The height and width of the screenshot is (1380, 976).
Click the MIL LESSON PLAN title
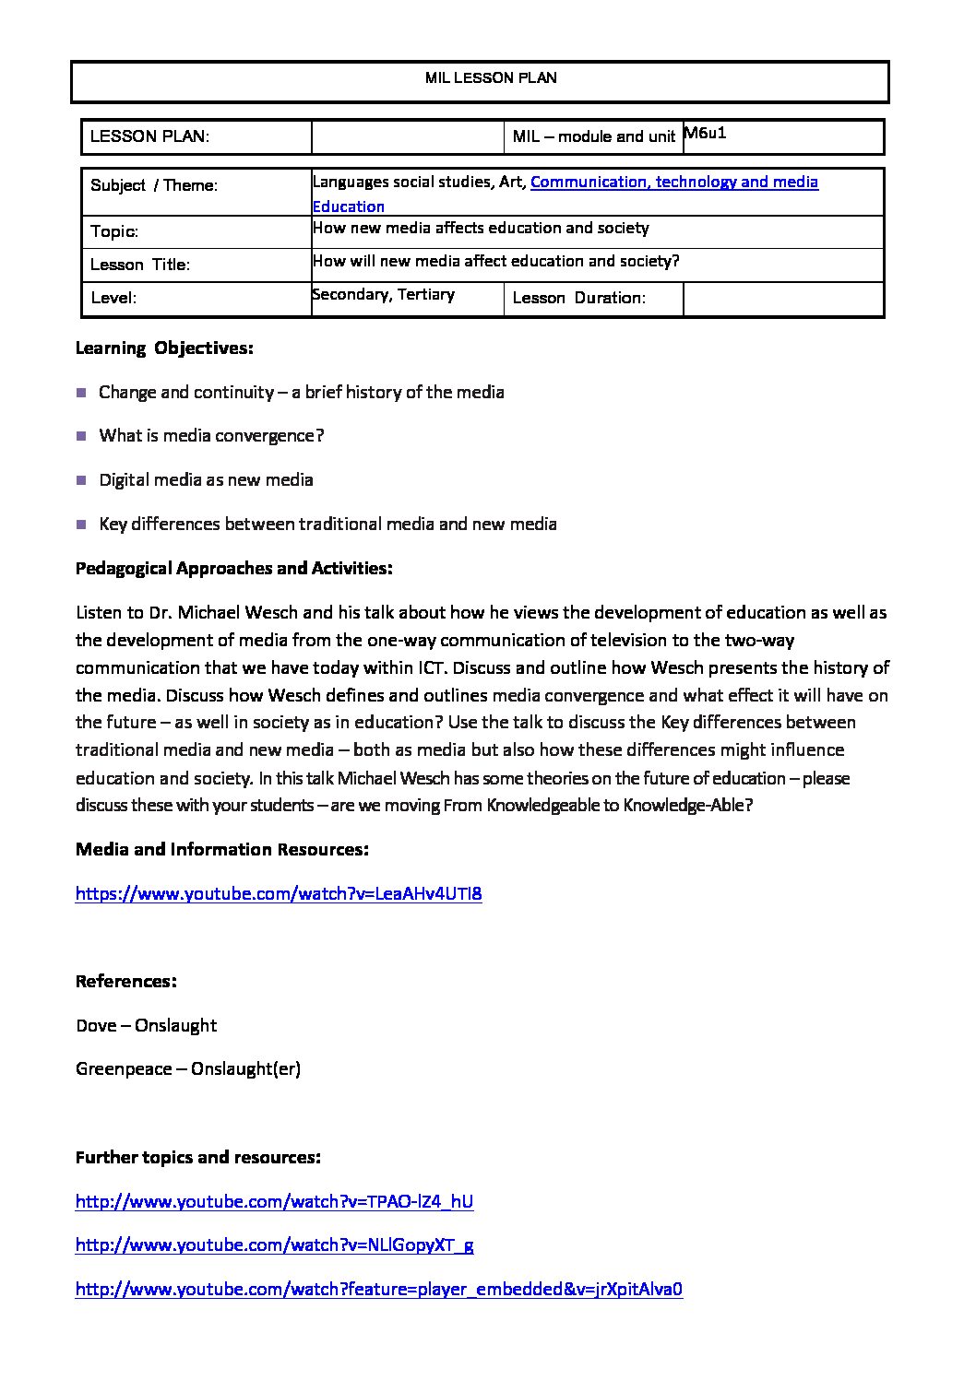(x=491, y=78)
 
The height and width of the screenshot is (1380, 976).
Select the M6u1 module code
(x=706, y=133)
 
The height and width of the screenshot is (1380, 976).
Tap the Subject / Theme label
(x=154, y=185)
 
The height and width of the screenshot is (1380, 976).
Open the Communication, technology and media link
(x=673, y=182)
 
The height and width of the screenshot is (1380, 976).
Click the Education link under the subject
(x=348, y=206)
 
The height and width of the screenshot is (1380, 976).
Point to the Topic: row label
(x=114, y=231)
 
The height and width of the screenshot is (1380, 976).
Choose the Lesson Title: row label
(x=140, y=265)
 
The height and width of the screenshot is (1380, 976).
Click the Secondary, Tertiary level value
(x=383, y=294)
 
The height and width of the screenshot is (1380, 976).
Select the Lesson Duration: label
(x=578, y=298)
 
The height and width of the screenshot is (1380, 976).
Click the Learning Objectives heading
(x=164, y=348)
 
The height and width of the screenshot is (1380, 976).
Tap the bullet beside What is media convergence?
(x=80, y=436)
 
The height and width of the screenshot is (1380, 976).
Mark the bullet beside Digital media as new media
(x=80, y=480)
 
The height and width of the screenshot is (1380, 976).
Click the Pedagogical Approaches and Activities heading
(x=234, y=569)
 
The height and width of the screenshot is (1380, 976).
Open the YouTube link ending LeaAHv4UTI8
(x=279, y=893)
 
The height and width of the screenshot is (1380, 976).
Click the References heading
(x=126, y=981)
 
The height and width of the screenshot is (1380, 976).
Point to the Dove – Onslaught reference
(x=147, y=1025)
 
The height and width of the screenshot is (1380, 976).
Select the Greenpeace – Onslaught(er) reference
(x=188, y=1069)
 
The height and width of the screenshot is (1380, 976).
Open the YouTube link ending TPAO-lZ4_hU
(x=275, y=1201)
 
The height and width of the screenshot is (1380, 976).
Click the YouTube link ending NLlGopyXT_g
(x=275, y=1245)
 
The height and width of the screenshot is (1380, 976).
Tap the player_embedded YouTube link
(x=379, y=1290)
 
